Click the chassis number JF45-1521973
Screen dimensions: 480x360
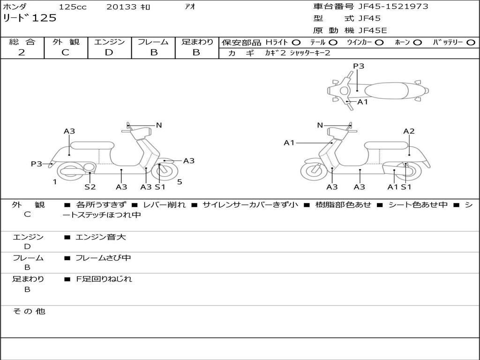coord(393,6)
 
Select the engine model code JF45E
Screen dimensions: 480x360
coord(373,30)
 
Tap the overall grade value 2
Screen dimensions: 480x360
coord(22,52)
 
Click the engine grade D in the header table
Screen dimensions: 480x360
coord(109,52)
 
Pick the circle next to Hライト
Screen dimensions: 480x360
coord(296,42)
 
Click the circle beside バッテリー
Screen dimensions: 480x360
coord(471,42)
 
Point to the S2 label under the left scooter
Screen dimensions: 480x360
coord(90,187)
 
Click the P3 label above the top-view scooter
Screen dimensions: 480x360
coord(359,66)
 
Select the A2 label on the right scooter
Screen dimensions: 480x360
coord(409,131)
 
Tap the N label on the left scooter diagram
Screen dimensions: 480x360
coord(158,125)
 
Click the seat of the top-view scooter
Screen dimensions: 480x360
coord(386,91)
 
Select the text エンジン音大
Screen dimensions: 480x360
coord(100,237)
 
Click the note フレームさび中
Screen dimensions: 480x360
coord(103,258)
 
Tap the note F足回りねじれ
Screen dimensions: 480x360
coord(104,279)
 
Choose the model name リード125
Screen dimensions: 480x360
coord(30,18)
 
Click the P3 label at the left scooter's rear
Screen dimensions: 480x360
coord(37,164)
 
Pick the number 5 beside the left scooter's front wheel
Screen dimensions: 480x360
coord(180,182)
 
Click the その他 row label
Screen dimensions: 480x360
coord(29,311)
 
